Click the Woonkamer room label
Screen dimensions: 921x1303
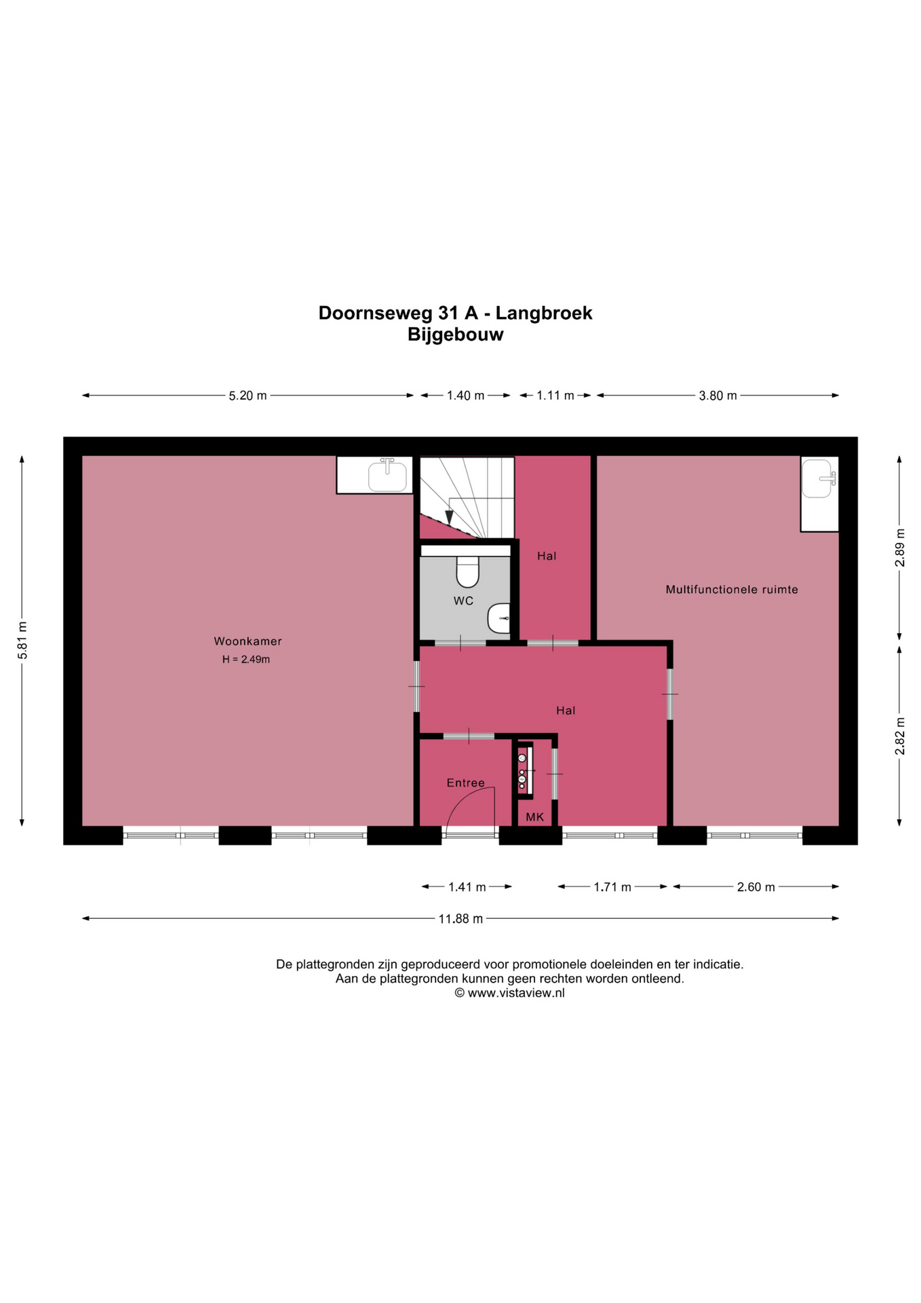[248, 641]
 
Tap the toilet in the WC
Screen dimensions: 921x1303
[467, 571]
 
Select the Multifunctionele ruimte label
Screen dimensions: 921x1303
[732, 590]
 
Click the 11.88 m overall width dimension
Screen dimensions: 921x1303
[460, 919]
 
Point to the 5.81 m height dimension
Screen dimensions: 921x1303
[22, 641]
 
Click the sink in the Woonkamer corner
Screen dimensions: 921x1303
[388, 475]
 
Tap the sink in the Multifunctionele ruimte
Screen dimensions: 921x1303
[819, 478]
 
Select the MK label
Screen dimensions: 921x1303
[534, 817]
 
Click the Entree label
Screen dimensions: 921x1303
[466, 783]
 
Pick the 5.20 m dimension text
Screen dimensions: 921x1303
[248, 396]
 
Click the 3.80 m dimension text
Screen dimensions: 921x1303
[718, 396]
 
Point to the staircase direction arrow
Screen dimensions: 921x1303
[449, 517]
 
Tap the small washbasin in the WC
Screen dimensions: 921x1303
[499, 618]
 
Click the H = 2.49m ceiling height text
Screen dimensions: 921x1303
[246, 660]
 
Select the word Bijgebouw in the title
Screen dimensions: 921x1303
[456, 335]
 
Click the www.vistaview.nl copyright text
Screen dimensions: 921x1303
[509, 993]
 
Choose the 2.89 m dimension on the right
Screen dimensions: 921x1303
[900, 547]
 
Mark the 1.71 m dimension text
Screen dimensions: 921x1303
[612, 887]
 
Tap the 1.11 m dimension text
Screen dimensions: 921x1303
[555, 396]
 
